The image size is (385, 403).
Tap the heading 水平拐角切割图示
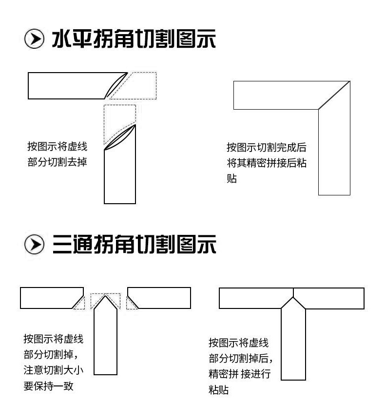134,39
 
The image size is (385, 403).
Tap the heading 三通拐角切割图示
134,245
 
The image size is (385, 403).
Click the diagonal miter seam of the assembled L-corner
334,95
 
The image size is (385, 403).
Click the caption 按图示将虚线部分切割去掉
58,154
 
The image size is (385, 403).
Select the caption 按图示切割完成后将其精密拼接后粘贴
266,163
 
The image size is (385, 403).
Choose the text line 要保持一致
48,385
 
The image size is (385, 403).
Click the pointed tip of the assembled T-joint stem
293,298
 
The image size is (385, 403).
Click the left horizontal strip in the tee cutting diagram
46,298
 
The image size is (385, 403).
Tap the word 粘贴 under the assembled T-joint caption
218,390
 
